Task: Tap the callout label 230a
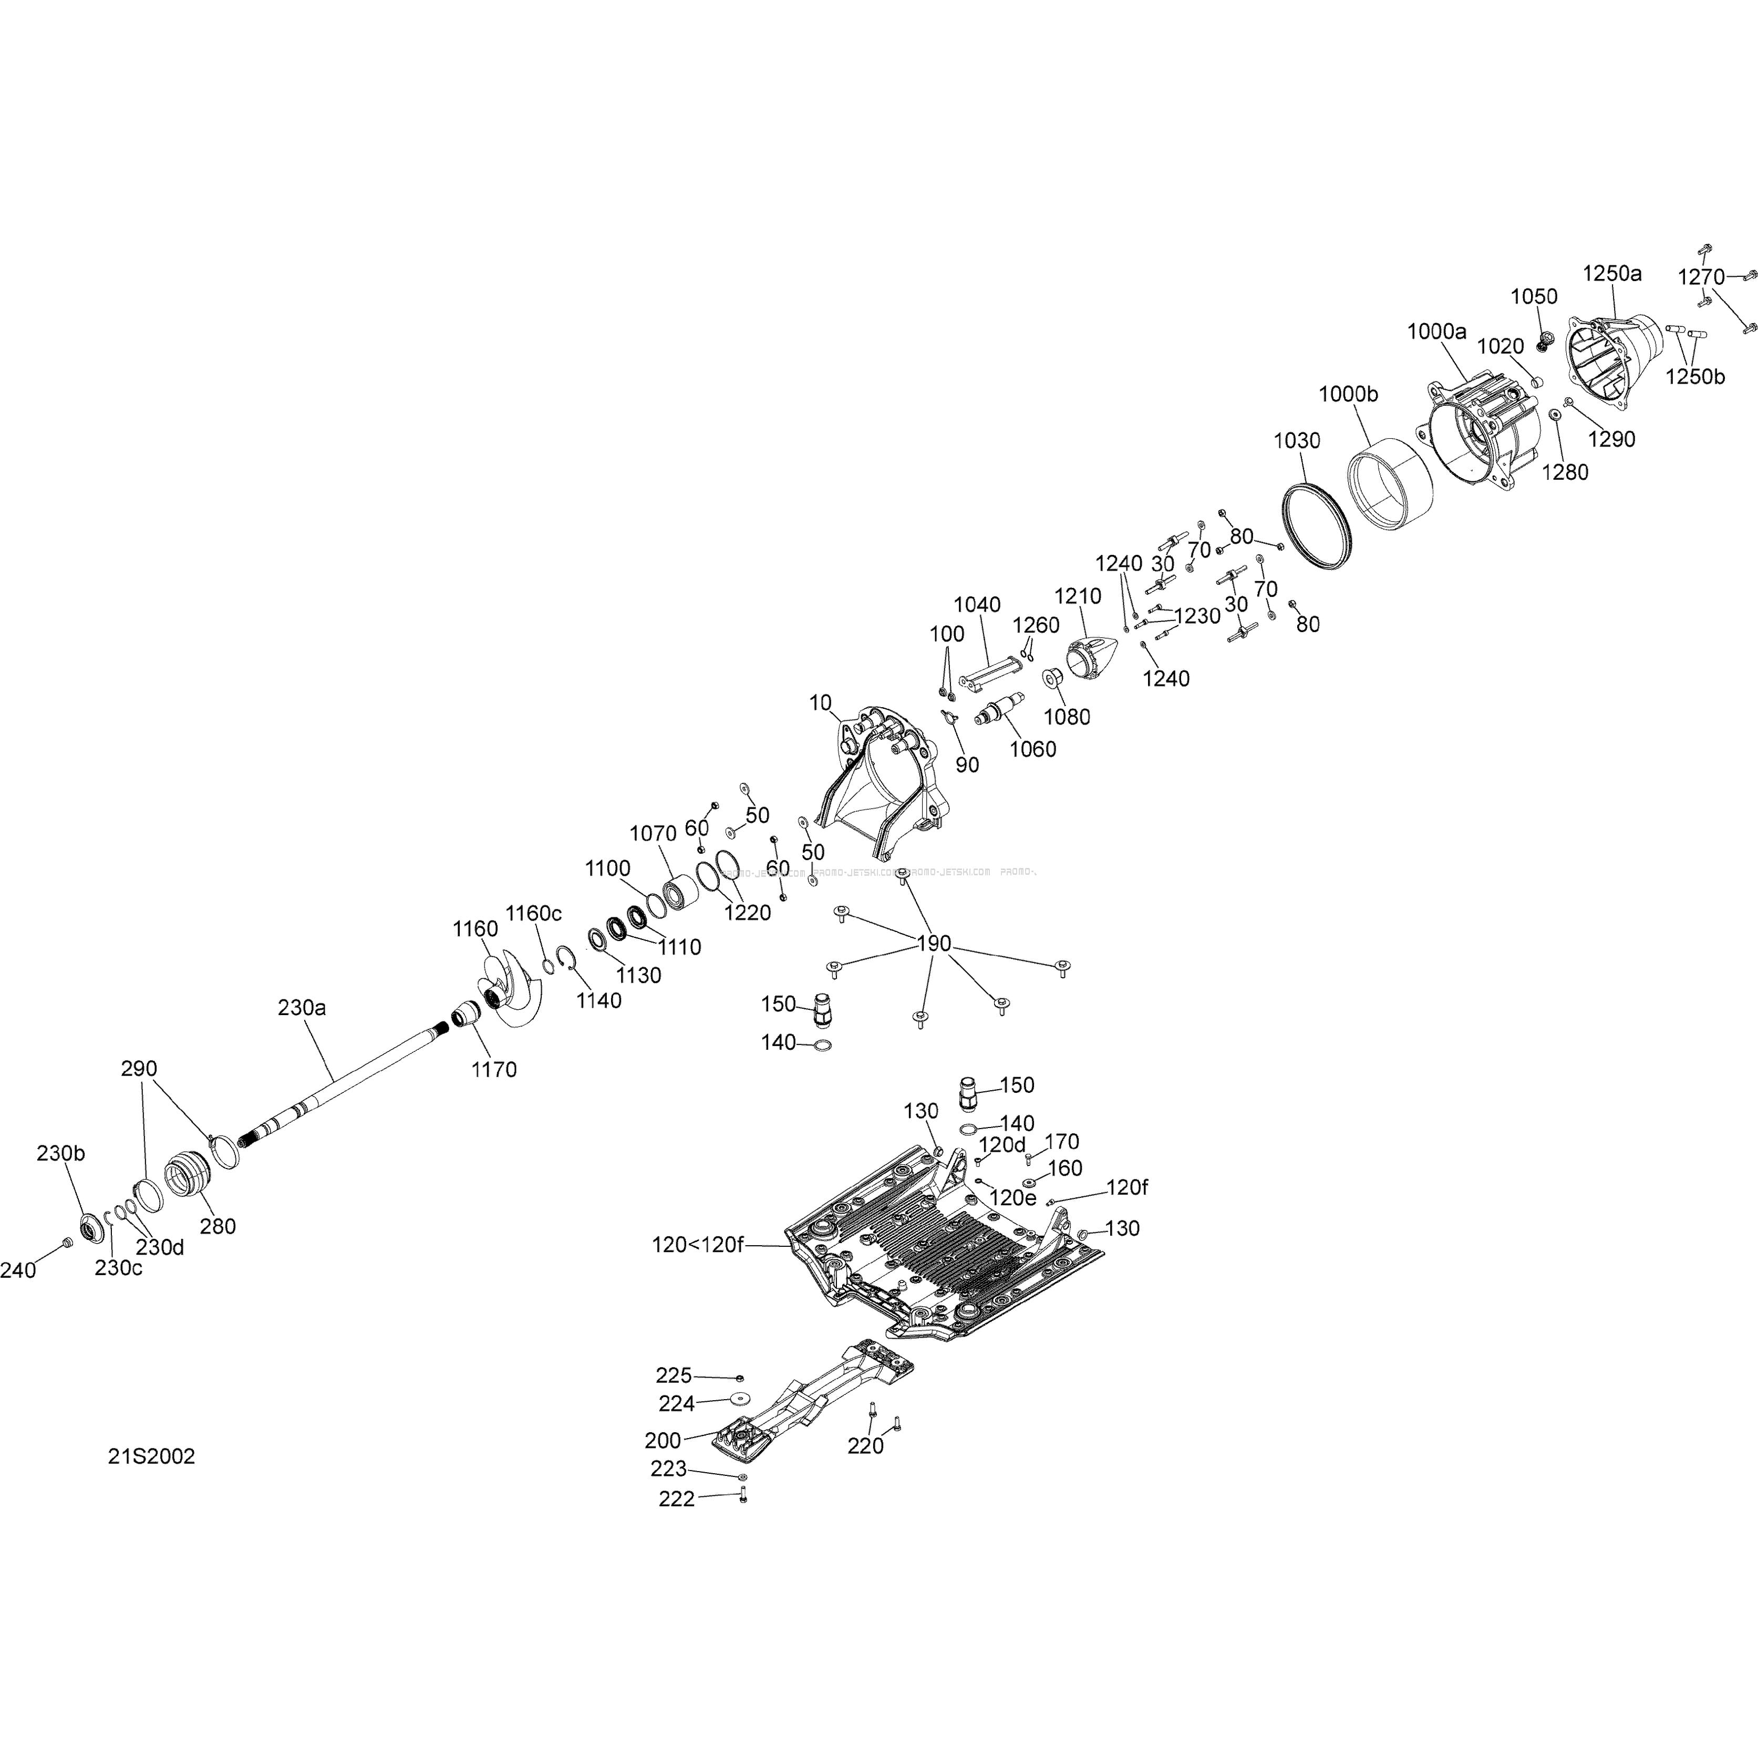(302, 1007)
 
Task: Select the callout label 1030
(1297, 440)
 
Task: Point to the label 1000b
(1349, 394)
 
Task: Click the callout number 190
(934, 944)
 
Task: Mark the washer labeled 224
(741, 1399)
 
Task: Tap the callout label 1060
(1033, 749)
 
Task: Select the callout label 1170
(494, 1069)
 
